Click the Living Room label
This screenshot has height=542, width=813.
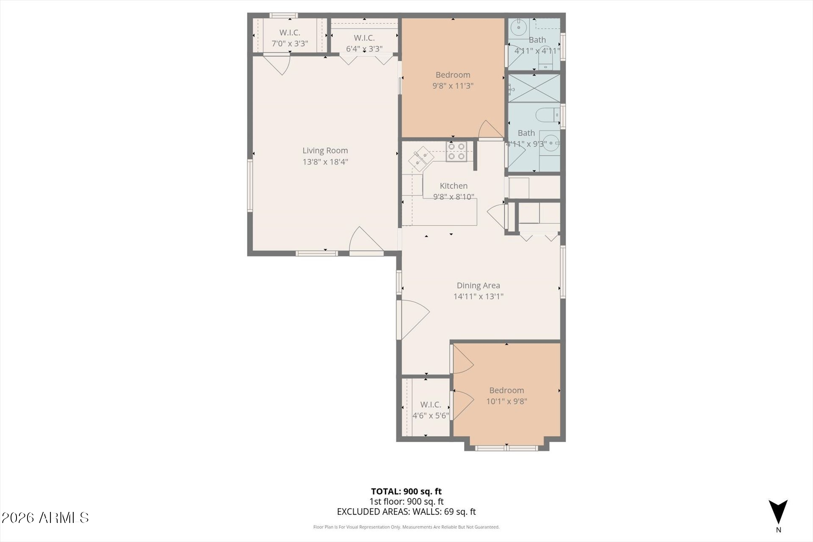pos(325,150)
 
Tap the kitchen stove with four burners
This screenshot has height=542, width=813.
pos(456,152)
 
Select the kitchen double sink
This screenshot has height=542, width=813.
pos(420,159)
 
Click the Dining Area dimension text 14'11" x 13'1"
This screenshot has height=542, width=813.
pos(478,296)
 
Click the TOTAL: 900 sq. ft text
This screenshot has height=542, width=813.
pos(406,491)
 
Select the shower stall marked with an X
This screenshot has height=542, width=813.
pos(534,88)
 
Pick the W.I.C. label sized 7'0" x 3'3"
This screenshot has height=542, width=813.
pos(290,33)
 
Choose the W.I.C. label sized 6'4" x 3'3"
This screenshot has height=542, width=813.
pos(364,38)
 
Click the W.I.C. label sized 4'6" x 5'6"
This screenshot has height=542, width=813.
pos(431,405)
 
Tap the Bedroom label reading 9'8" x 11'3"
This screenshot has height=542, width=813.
pos(453,75)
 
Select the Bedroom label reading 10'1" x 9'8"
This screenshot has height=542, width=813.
pos(506,390)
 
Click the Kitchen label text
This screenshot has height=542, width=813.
pos(454,186)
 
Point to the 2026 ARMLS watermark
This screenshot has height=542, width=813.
pos(45,517)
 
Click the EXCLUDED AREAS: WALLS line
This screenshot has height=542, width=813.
pos(406,512)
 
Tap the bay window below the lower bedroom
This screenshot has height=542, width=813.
pos(506,448)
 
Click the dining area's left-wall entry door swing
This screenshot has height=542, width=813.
pos(413,319)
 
